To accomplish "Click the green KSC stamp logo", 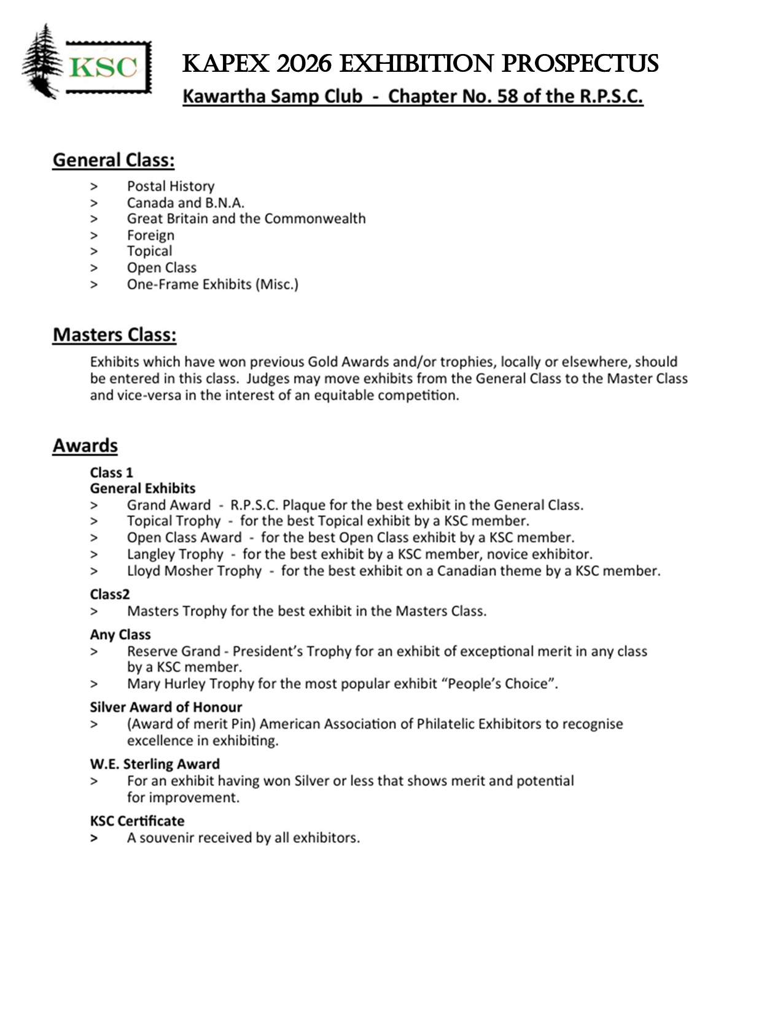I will [108, 67].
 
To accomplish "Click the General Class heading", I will [114, 160].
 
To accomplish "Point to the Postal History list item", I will [170, 186].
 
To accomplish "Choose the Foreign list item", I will [150, 235].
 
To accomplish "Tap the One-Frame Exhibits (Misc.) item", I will [212, 284].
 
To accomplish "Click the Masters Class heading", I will [114, 335].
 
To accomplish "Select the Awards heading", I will [85, 445].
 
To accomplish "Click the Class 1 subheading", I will [111, 472].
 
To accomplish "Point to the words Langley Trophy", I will [175, 554].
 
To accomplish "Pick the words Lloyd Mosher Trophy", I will [194, 570].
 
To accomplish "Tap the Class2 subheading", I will [110, 594].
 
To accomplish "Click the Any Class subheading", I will [120, 634].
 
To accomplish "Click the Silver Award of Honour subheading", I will [166, 707].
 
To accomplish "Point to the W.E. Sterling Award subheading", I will [155, 764].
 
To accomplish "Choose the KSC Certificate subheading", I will [137, 821].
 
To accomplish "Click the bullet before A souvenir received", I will [94, 838].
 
